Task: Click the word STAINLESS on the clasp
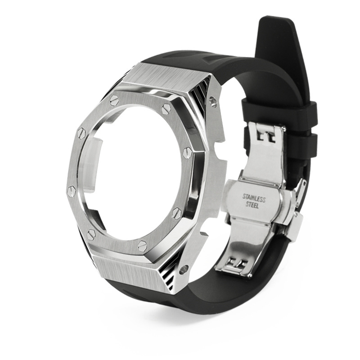(x=254, y=198)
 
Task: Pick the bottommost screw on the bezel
(x=143, y=244)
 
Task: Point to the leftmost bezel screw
(x=72, y=189)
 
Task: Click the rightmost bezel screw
(x=187, y=152)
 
